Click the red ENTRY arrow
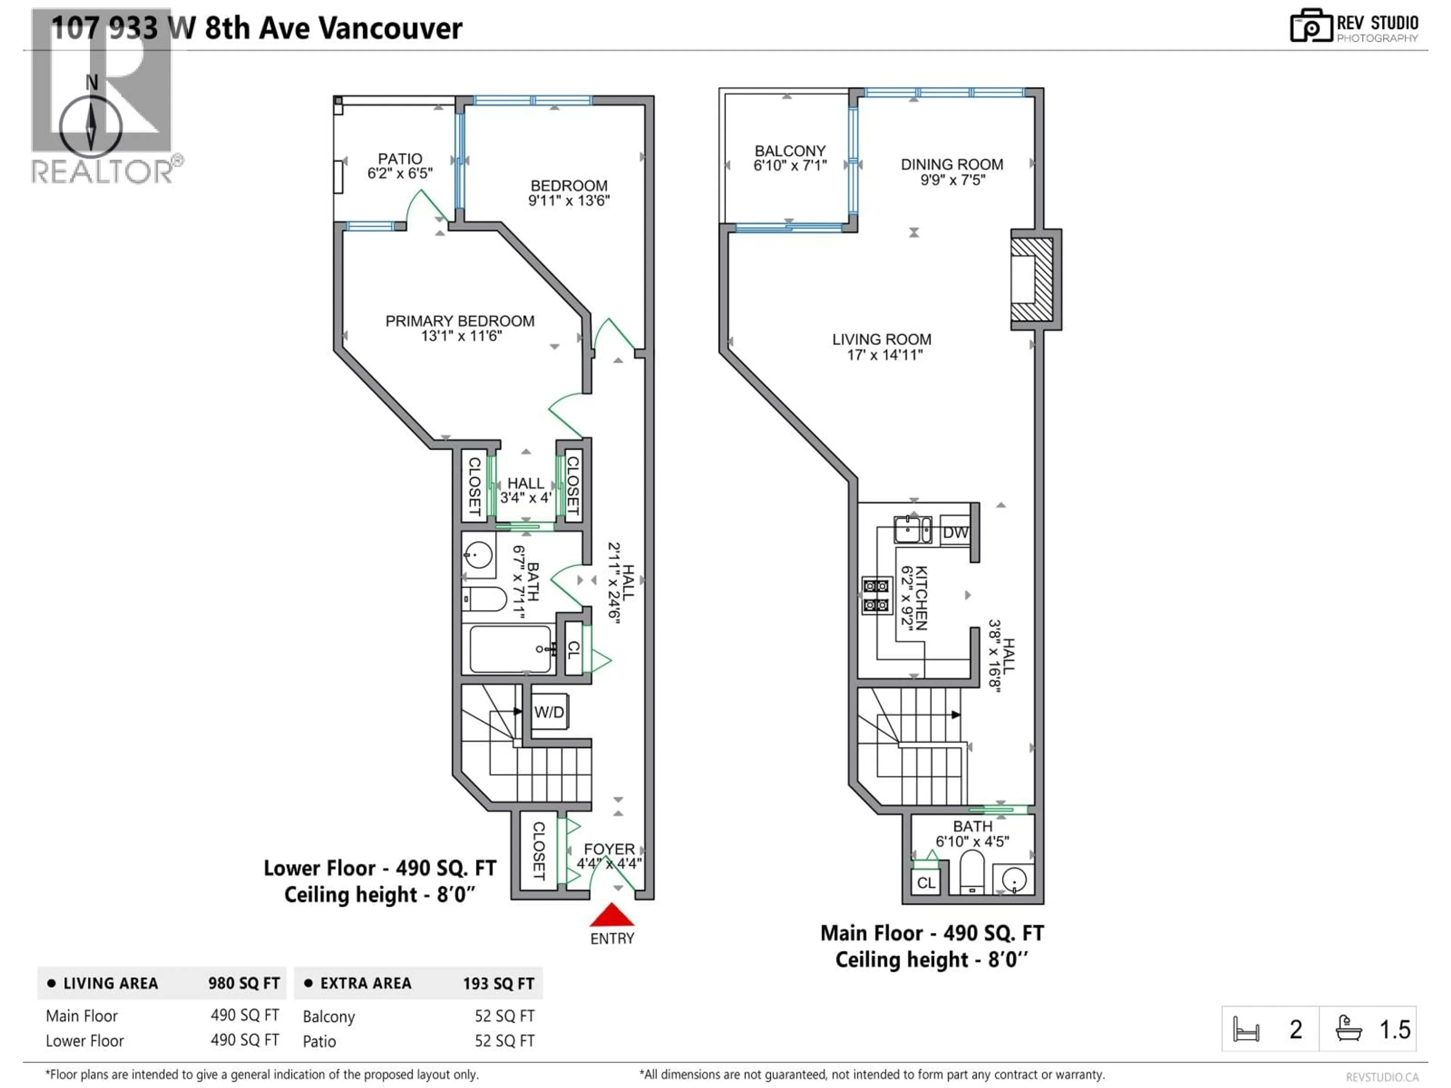611,915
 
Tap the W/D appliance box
549,712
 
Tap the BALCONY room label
790,151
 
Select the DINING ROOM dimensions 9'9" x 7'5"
953,180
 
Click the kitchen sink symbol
912,530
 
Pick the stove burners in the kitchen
876,595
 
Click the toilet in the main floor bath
972,871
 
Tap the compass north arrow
91,125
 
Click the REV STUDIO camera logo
1310,26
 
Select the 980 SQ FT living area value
244,983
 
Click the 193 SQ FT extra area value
498,983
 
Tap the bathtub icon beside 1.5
1349,1028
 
